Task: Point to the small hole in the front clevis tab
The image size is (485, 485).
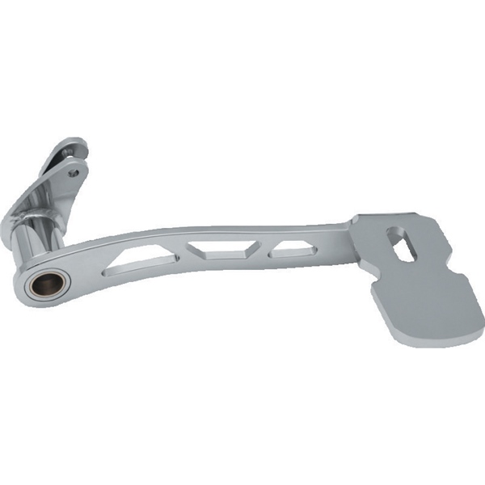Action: (x=74, y=171)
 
